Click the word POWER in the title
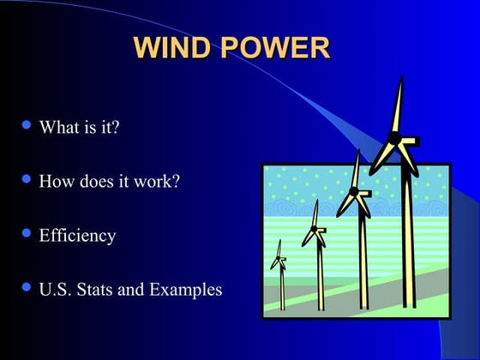click(275, 47)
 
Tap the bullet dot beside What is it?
click(26, 125)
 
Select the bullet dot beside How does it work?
click(26, 179)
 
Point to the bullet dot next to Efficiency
click(26, 232)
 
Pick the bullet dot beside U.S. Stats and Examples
click(26, 286)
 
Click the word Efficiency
click(77, 235)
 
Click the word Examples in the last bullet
click(185, 290)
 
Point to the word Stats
click(95, 289)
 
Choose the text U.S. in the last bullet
click(56, 289)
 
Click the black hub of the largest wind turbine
click(394, 138)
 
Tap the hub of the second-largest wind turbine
click(353, 191)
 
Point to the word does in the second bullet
click(93, 182)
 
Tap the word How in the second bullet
click(55, 182)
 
